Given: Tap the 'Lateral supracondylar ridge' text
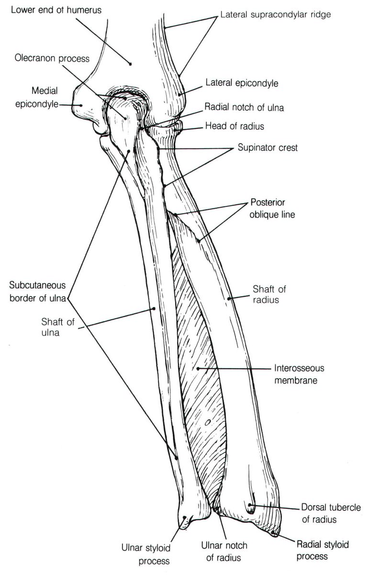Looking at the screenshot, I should (275, 15).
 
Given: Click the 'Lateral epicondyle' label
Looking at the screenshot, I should (242, 83).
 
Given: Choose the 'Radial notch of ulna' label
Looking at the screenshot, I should (244, 108).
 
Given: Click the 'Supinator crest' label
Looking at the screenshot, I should (268, 148).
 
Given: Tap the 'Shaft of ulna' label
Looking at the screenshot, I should (50, 326).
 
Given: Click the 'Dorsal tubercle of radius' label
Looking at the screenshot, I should (325, 513).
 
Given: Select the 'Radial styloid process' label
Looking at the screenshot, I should (323, 551).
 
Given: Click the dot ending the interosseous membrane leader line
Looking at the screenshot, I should (198, 368).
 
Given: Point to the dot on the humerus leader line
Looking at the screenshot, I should (130, 63).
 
